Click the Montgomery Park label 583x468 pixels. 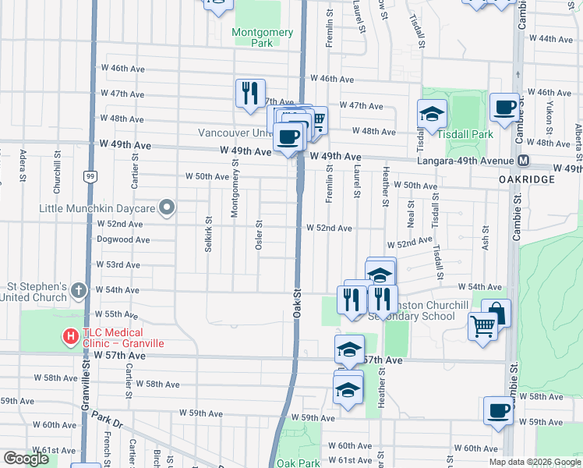coord(263,37)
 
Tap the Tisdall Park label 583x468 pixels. coord(465,134)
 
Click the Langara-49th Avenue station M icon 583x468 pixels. coord(524,161)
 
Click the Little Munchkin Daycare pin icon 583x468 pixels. coord(166,207)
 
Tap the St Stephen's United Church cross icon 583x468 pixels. coord(78,291)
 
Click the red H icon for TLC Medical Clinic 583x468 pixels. coord(70,337)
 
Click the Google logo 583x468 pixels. coord(26,459)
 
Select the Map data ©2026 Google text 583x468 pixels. coord(534,462)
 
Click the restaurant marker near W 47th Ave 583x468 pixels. coord(250,94)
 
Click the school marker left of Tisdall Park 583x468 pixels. coord(432,115)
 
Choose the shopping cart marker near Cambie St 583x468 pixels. coord(483,327)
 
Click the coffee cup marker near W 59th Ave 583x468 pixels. coord(498,410)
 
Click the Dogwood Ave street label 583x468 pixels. coord(123,239)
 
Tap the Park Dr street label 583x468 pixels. coord(107,421)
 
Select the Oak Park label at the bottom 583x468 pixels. coord(298,463)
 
